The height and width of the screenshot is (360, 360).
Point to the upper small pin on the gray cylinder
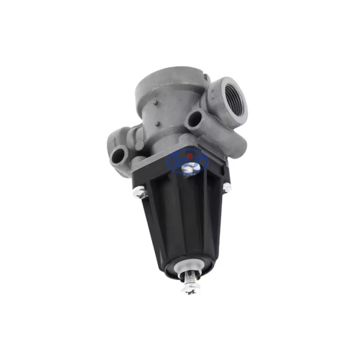tap(156, 102)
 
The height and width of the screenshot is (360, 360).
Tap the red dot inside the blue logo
tap(189, 156)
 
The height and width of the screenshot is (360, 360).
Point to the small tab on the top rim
tap(207, 78)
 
